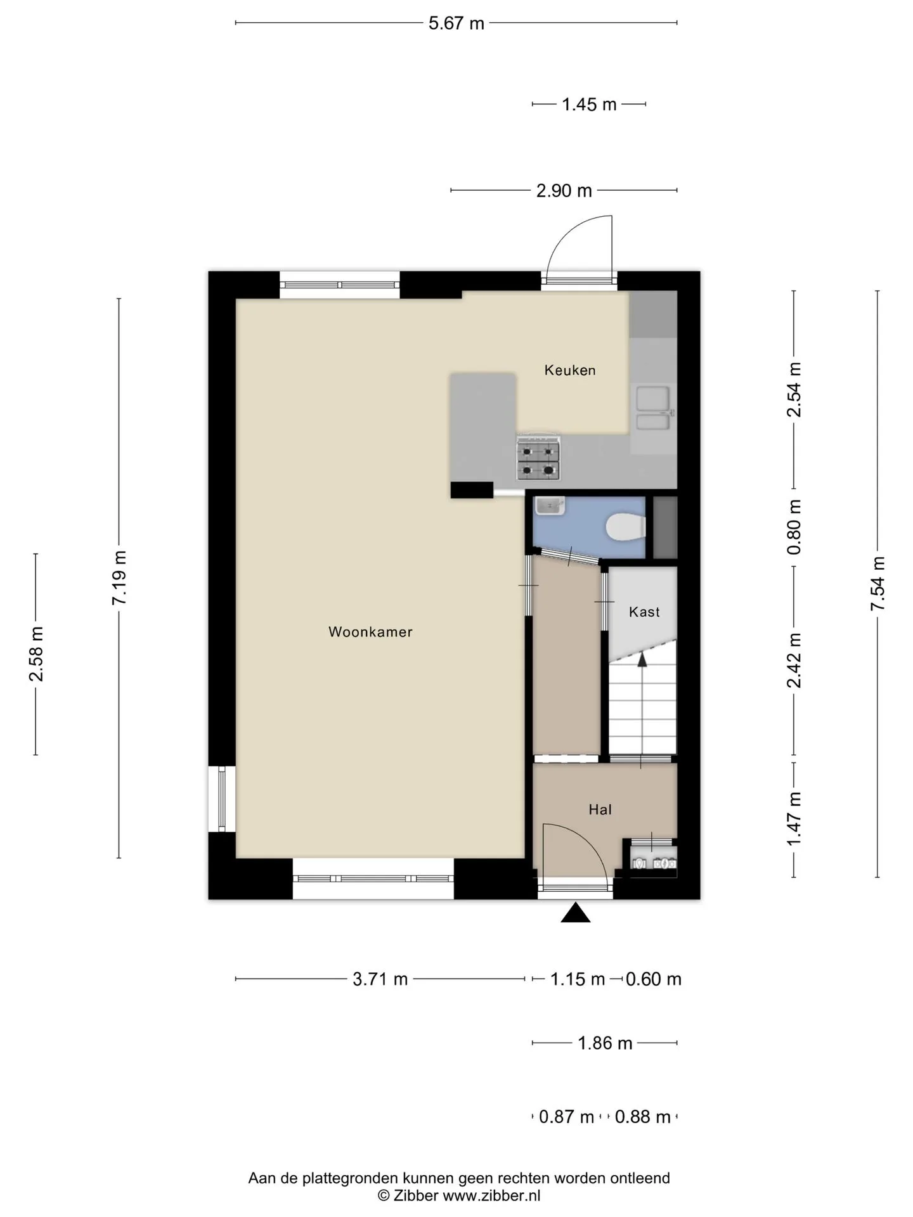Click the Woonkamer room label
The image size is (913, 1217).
coord(370,632)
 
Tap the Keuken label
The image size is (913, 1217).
coord(570,370)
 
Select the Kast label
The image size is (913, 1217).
coord(644,612)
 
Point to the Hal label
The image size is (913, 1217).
coord(600,809)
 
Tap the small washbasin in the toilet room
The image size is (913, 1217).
coord(550,506)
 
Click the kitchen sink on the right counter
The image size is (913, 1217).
coord(653,408)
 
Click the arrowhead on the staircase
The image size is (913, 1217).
coord(642,659)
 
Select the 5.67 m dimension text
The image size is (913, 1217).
coord(456,23)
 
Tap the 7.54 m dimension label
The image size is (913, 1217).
coord(877,584)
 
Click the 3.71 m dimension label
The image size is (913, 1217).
coord(380,979)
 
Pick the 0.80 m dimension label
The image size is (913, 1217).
coord(794,527)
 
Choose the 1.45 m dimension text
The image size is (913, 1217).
coord(589,105)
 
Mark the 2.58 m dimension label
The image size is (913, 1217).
coord(36,654)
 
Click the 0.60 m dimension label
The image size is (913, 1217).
coord(654,979)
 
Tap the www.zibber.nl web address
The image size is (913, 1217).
coord(491,1195)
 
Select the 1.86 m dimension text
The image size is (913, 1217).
coord(605,1043)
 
